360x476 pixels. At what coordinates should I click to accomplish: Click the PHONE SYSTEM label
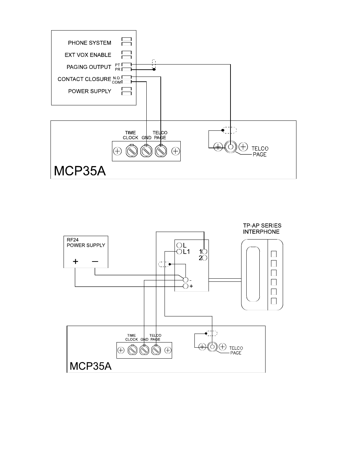(89, 43)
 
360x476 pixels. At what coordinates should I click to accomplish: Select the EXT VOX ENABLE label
(88, 55)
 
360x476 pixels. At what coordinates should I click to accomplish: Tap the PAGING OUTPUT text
(89, 67)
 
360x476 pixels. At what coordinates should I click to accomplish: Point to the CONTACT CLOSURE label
(84, 79)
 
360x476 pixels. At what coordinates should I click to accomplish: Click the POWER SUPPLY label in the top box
(90, 91)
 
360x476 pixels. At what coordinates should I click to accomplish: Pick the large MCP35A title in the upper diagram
(79, 171)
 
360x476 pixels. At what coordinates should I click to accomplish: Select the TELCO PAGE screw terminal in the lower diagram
(156, 350)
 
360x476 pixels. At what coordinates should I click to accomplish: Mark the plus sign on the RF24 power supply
(75, 262)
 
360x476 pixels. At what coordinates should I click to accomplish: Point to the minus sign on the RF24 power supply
(95, 262)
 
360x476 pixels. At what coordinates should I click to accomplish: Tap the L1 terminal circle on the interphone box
(179, 252)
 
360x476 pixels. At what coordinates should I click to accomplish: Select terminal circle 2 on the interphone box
(204, 257)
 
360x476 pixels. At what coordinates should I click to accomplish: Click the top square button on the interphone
(274, 254)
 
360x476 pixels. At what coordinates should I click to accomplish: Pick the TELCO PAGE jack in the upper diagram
(230, 147)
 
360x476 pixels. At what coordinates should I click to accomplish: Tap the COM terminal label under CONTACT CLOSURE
(116, 82)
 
